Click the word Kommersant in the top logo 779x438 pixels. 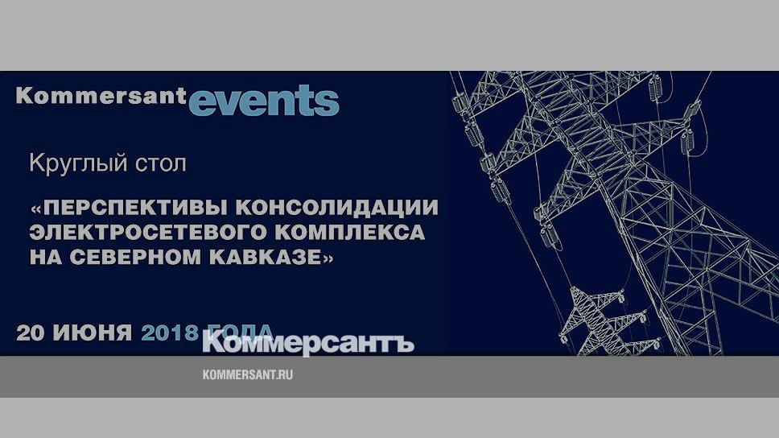(x=101, y=96)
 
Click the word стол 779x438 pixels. (x=162, y=164)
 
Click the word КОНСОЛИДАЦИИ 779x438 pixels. (x=337, y=207)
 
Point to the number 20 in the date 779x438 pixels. (x=31, y=333)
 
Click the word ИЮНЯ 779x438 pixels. (x=93, y=333)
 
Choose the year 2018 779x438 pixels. (x=170, y=333)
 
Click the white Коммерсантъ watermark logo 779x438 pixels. (x=308, y=343)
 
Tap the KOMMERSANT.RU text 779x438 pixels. (x=247, y=375)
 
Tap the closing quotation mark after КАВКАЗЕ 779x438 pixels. (x=328, y=258)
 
